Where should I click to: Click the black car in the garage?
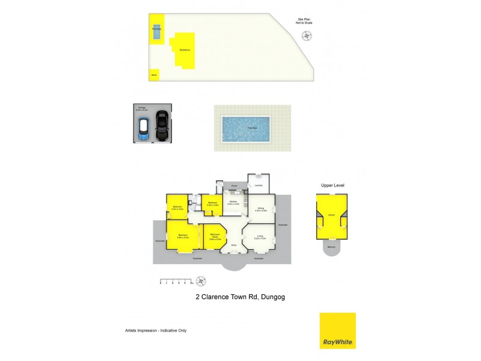tap(161, 125)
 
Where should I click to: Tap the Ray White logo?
tap(337, 330)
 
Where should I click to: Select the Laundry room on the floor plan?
tap(258, 185)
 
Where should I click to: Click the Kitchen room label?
tap(233, 202)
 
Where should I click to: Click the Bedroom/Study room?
tap(214, 237)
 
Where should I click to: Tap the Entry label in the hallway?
tap(234, 245)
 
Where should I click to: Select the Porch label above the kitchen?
tap(234, 187)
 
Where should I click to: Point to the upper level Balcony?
tap(331, 247)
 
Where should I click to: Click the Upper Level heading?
tap(332, 185)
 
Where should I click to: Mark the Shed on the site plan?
tap(154, 75)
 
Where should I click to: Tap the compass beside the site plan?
tap(308, 36)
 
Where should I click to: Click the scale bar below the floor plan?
tap(175, 281)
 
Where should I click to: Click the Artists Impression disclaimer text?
tap(151, 330)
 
